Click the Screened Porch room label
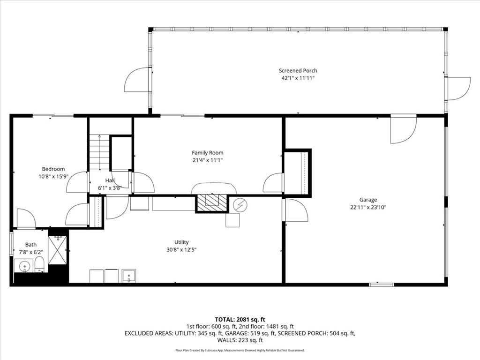coord(298,71)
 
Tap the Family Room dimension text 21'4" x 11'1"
coord(207,160)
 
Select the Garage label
coord(368,200)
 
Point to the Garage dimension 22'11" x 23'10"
coord(368,207)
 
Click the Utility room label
coord(181,242)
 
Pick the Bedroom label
coord(53,169)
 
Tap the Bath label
coord(31,244)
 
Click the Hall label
coord(110,180)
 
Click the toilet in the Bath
coord(39,264)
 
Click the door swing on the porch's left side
coord(136,80)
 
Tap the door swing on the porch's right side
coord(458,89)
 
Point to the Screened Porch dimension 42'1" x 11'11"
coord(298,78)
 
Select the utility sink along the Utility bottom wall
coord(128,276)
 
